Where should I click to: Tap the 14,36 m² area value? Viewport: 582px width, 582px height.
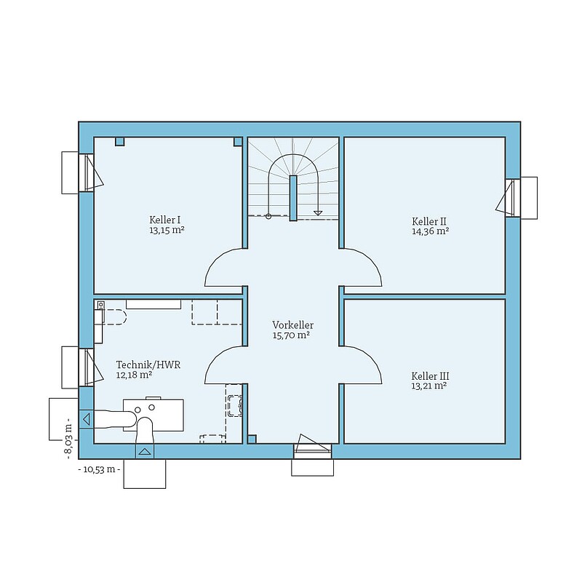coord(430,231)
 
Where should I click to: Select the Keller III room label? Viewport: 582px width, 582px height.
coord(430,376)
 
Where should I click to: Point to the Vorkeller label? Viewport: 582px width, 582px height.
coord(293,325)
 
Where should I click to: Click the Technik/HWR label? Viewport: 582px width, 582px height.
coord(148,365)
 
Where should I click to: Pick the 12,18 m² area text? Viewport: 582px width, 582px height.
coord(134,375)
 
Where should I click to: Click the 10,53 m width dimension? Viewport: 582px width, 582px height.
coord(99,469)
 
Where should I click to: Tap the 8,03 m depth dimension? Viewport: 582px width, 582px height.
coord(68,439)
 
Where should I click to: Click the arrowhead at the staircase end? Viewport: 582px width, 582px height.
coord(318,213)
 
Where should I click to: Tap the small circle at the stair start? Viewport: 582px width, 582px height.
coord(268,216)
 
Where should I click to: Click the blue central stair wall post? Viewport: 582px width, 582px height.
coord(293,198)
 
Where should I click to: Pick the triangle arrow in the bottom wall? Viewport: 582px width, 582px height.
coord(145,452)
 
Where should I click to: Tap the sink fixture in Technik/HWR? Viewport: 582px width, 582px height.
coord(234,405)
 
